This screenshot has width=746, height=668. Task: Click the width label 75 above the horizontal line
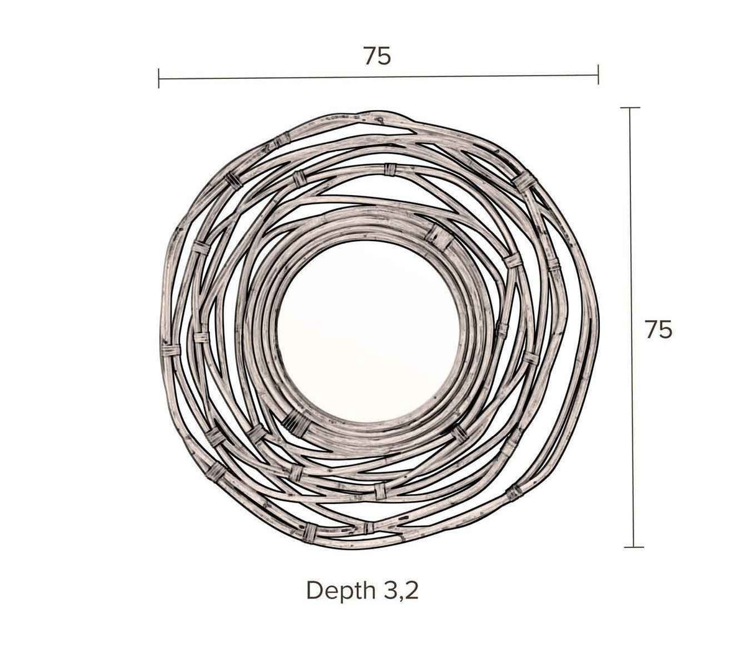pyautogui.click(x=377, y=57)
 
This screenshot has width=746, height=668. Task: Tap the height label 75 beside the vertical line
pyautogui.click(x=658, y=329)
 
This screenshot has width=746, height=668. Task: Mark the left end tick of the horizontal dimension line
pyautogui.click(x=159, y=78)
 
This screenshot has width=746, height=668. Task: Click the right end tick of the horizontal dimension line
pyautogui.click(x=598, y=75)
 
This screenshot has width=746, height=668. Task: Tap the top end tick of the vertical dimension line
pyautogui.click(x=630, y=108)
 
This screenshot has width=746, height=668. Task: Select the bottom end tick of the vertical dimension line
pyautogui.click(x=633, y=547)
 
